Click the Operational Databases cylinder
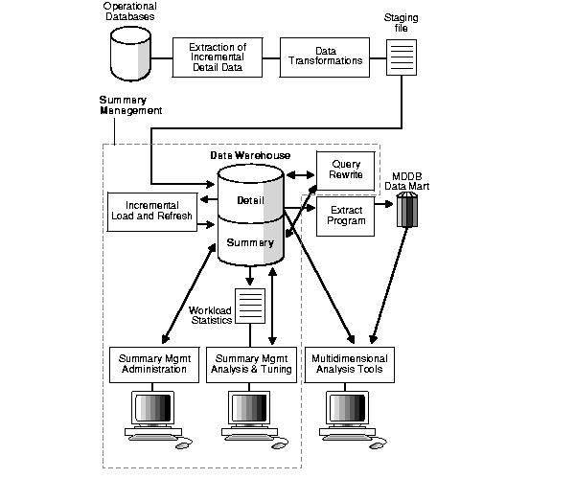[130, 54]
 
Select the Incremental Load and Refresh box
[150, 210]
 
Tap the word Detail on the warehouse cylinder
[250, 199]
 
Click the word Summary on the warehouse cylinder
[250, 242]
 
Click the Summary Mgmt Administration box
[153, 364]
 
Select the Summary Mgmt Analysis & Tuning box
[251, 364]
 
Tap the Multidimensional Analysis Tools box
[351, 364]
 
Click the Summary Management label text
[130, 105]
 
